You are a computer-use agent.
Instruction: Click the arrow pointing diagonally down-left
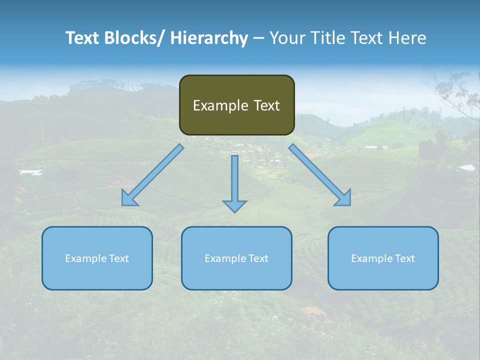click(x=152, y=175)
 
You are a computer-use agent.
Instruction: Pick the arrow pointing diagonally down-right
click(x=320, y=175)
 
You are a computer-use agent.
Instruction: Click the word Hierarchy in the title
click(x=209, y=38)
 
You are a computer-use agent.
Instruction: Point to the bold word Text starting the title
click(x=82, y=38)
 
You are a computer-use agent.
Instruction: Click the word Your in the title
click(x=287, y=38)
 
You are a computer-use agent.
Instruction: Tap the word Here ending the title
click(x=408, y=38)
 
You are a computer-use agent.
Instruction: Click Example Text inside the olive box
click(x=236, y=105)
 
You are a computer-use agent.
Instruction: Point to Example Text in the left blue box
click(x=97, y=258)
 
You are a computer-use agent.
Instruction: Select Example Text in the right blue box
click(x=383, y=258)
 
